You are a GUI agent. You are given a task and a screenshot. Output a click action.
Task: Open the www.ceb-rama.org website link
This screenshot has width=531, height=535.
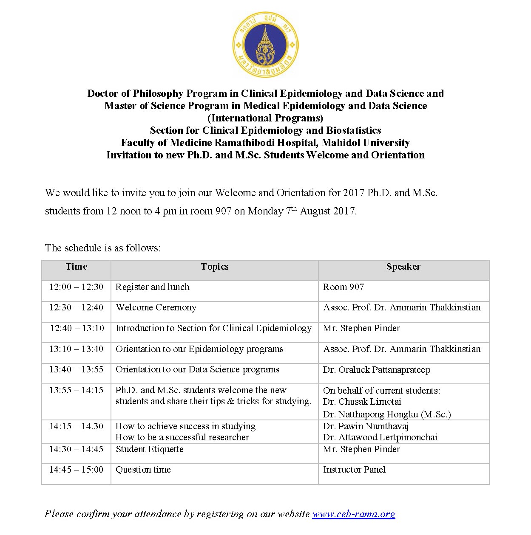pyautogui.click(x=353, y=514)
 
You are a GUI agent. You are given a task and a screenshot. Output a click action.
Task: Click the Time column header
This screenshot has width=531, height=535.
pyautogui.click(x=77, y=267)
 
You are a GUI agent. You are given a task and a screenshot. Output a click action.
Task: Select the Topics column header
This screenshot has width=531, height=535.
pyautogui.click(x=215, y=267)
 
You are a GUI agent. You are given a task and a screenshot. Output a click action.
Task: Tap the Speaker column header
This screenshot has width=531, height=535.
pyautogui.click(x=403, y=267)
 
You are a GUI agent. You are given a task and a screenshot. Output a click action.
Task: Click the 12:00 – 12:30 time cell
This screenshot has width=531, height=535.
pyautogui.click(x=76, y=287)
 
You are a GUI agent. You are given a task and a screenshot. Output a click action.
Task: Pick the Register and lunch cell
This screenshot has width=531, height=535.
pyautogui.click(x=152, y=287)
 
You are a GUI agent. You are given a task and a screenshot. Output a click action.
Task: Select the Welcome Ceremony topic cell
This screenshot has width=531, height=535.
pyautogui.click(x=156, y=307)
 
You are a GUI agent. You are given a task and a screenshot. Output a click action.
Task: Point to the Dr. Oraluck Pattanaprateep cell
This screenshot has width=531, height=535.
pyautogui.click(x=376, y=369)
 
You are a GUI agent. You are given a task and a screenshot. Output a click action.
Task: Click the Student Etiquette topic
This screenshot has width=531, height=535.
pyautogui.click(x=150, y=449)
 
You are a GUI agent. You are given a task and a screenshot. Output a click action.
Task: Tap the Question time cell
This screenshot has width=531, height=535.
pyautogui.click(x=143, y=470)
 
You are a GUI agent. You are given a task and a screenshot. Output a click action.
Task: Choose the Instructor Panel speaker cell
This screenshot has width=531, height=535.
pyautogui.click(x=354, y=470)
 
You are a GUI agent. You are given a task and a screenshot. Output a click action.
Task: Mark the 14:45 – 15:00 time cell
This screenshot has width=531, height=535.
pyautogui.click(x=76, y=470)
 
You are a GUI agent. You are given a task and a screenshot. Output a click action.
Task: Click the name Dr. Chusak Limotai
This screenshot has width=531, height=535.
pyautogui.click(x=362, y=402)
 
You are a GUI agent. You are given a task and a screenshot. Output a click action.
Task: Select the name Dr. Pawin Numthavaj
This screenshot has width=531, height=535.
pyautogui.click(x=366, y=426)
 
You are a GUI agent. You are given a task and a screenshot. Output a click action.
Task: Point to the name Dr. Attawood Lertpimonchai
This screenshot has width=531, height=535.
pyautogui.click(x=380, y=437)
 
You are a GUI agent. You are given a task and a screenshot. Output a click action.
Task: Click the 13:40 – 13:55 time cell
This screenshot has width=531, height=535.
pyautogui.click(x=76, y=369)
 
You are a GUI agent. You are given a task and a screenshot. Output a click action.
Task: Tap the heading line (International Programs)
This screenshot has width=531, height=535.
pyautogui.click(x=265, y=118)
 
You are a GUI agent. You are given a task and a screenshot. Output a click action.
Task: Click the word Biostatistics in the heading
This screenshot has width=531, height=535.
pyautogui.click(x=353, y=130)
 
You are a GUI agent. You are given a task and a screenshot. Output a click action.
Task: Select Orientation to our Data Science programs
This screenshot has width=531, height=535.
pyautogui.click(x=197, y=369)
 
